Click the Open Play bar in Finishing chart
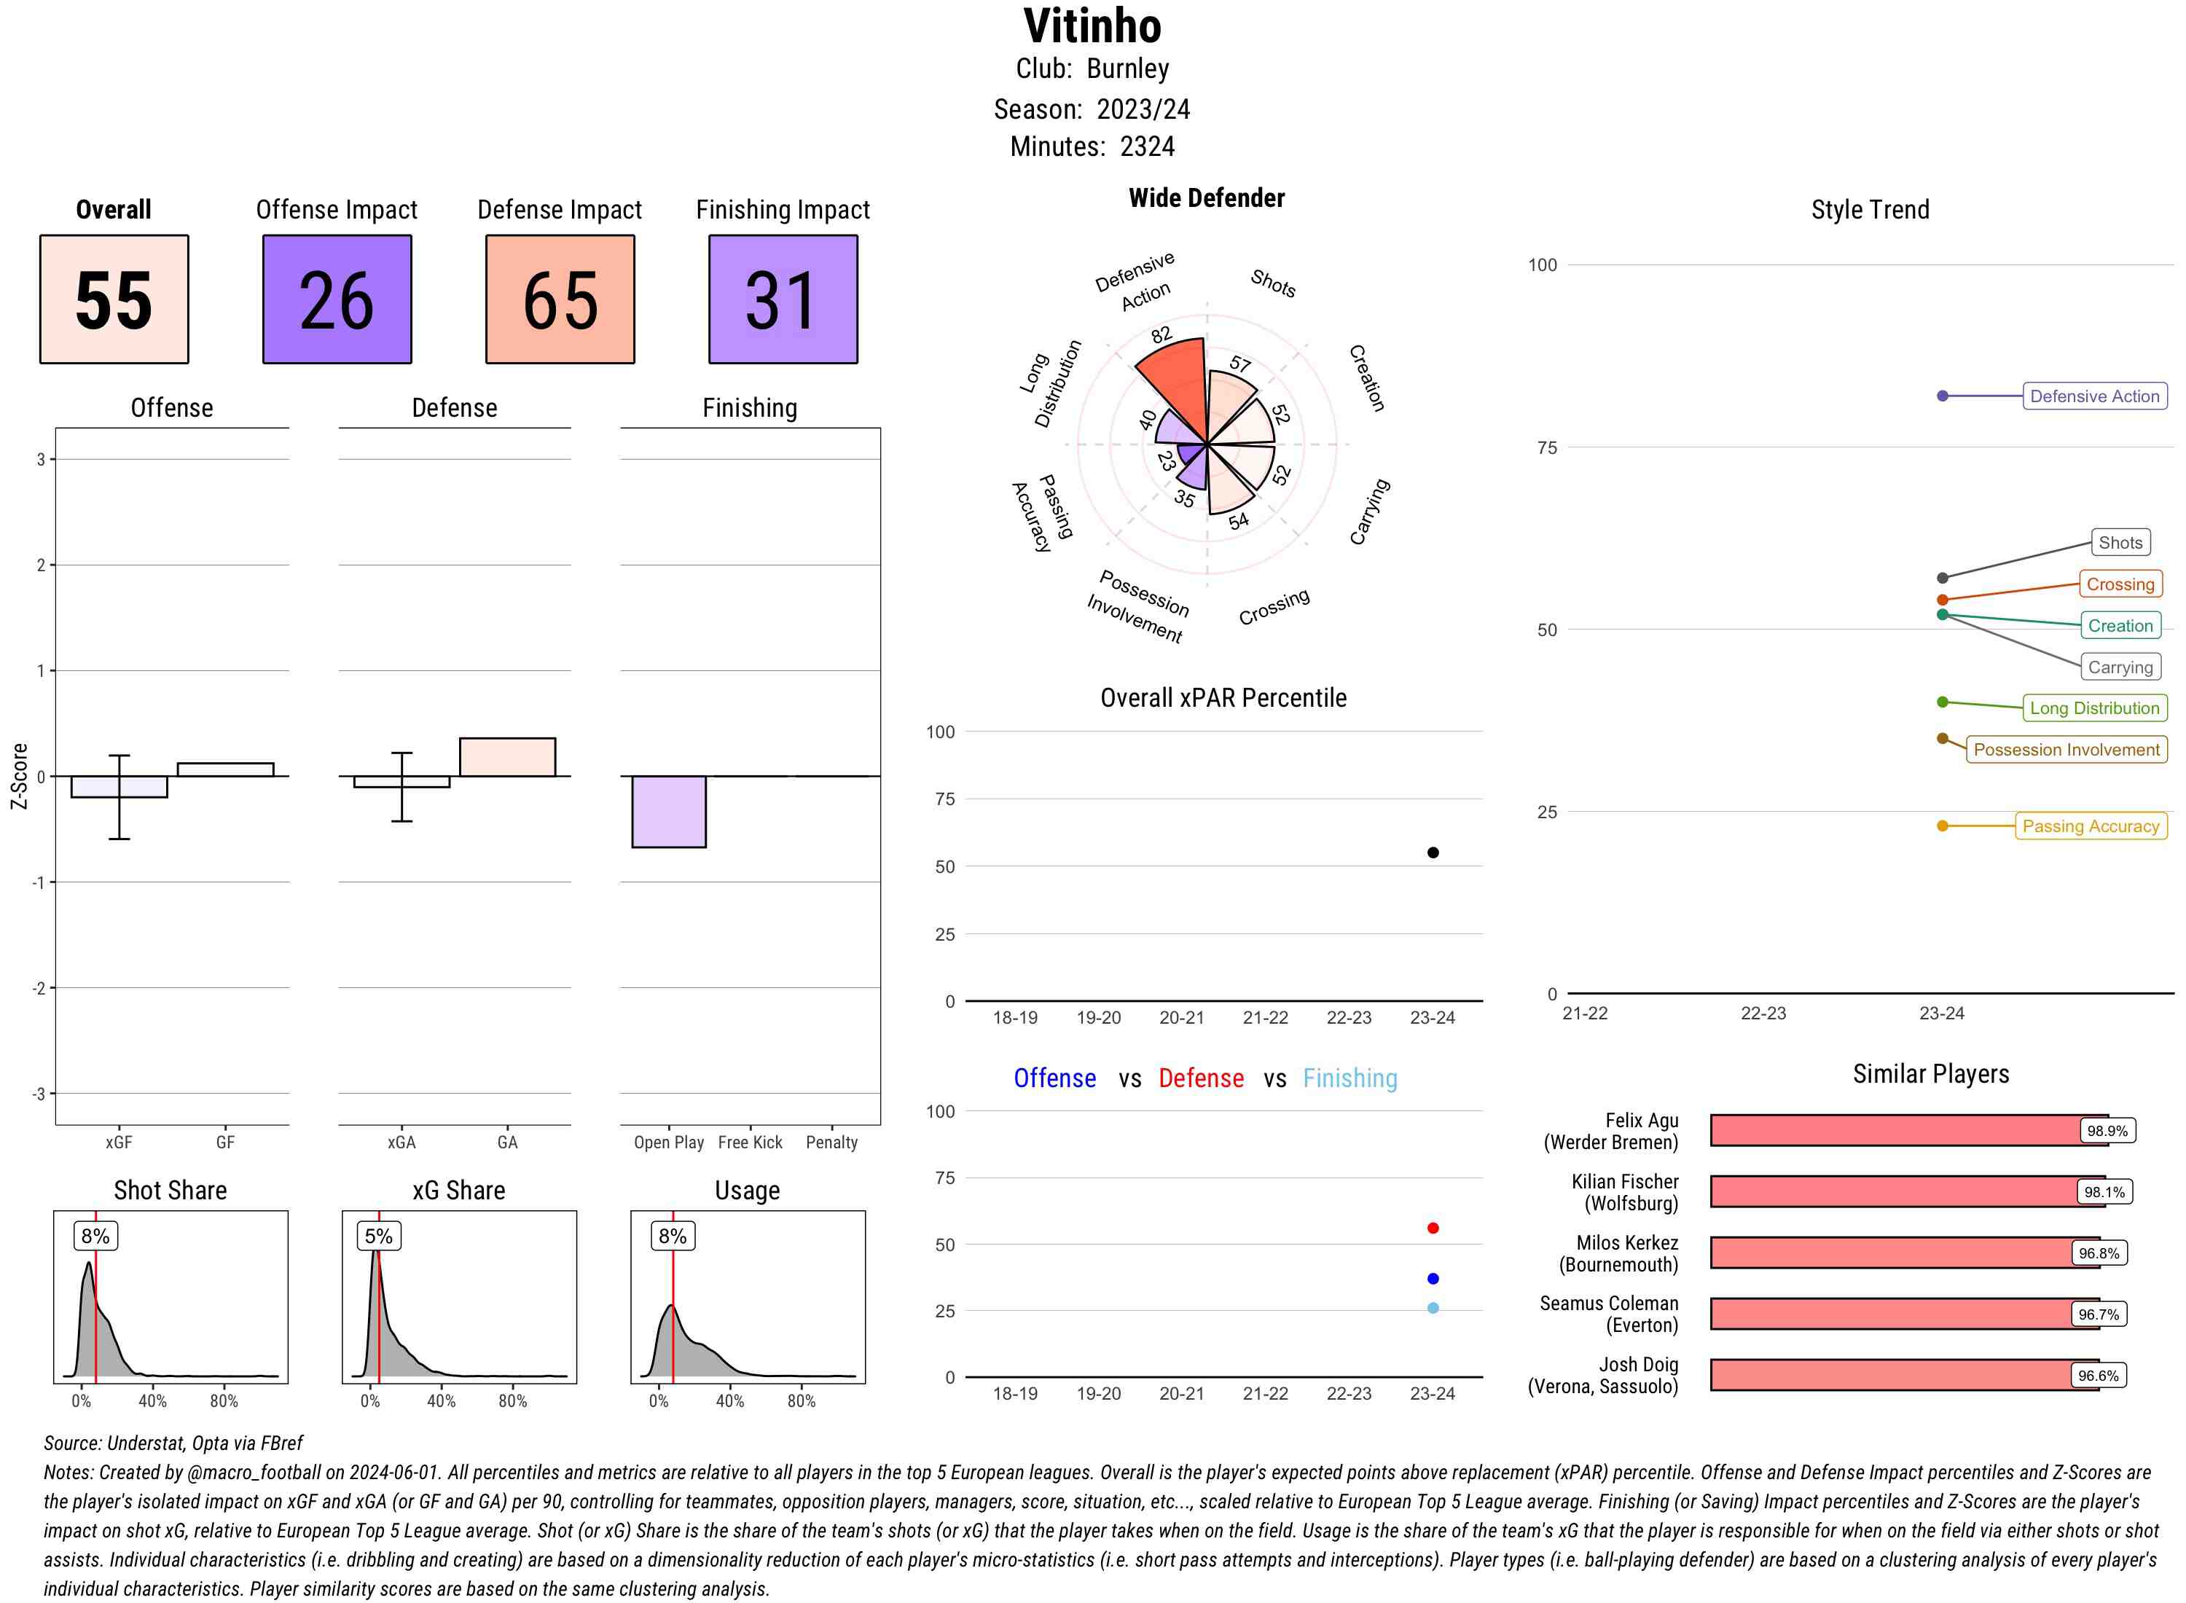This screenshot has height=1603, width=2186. pos(668,811)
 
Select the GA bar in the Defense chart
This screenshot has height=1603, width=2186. pos(507,757)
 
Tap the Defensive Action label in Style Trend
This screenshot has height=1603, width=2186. pos(2094,396)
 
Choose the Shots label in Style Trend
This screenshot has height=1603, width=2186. pos(2119,542)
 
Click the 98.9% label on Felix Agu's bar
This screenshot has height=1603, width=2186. pos(2107,1130)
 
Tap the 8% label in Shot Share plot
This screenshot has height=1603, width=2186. pos(95,1235)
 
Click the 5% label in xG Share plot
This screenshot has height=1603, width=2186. pos(378,1235)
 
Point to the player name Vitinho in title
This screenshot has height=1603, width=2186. pos(1092,26)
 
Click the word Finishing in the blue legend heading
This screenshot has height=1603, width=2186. pos(1349,1078)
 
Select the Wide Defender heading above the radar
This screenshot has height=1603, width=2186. pos(1206,198)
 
